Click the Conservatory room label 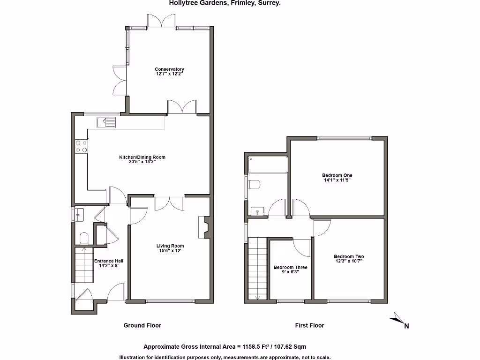[170, 69]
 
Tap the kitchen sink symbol [107, 123]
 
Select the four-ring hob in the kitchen [81, 147]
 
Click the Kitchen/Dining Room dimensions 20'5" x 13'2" [142, 162]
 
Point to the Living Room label [170, 246]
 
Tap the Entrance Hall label [109, 261]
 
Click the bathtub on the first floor [267, 165]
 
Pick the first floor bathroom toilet [255, 184]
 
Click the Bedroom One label [337, 175]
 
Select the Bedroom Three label [291, 268]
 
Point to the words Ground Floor [142, 325]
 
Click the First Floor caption [309, 325]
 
